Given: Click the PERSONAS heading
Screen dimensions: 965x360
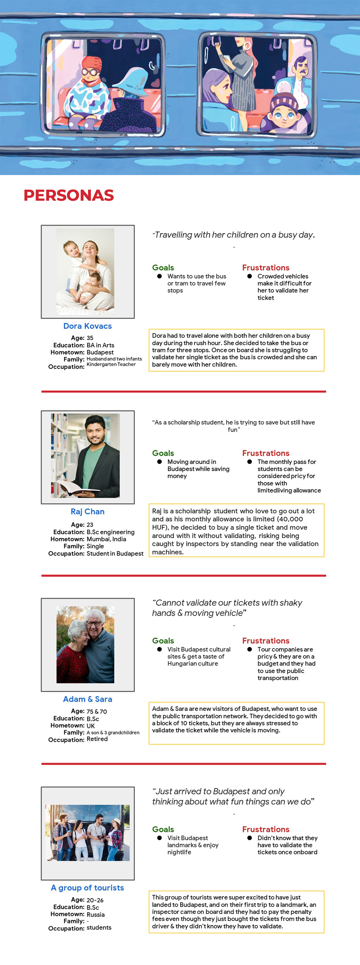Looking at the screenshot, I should coord(69,195).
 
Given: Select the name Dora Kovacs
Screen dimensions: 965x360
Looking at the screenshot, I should coord(87,326).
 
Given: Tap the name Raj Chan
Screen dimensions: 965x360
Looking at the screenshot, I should coord(87,511).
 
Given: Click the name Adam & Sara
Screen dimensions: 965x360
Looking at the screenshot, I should coord(87,699).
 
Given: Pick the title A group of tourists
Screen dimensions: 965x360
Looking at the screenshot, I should coord(87,887).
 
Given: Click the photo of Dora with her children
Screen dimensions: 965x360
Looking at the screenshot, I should coord(85,272).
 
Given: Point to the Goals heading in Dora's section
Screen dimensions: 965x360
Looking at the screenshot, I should coord(163,267).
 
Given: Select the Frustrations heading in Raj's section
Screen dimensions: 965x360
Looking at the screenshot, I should coord(266,453).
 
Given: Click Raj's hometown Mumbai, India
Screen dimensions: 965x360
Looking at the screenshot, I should coord(106,539).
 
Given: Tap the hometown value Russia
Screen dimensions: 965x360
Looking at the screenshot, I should coord(95,915).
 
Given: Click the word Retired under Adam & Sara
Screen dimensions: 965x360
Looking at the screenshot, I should coord(97,739).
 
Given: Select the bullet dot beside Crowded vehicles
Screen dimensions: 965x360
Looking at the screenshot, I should coord(250,276).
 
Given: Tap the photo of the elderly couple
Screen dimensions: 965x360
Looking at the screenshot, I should coord(85,644).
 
